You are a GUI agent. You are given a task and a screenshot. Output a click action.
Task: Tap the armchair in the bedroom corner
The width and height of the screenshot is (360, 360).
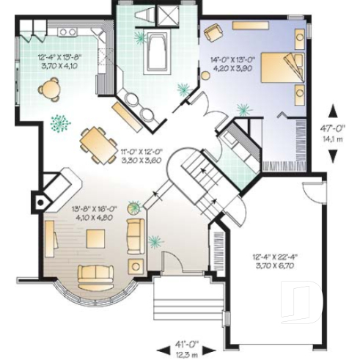(213, 32)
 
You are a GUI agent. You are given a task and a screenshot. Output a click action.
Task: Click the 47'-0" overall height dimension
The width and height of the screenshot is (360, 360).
(333, 131)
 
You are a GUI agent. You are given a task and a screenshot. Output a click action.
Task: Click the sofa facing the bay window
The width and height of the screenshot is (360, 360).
(97, 275)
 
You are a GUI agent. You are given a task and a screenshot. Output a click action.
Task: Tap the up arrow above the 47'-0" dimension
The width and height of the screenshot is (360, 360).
(333, 111)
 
